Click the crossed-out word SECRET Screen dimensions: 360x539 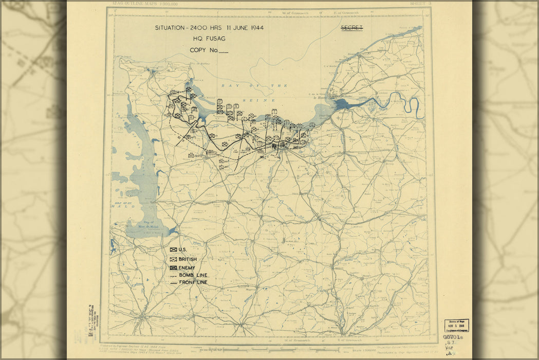pos(352,28)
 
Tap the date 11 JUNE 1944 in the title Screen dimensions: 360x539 pos(241,28)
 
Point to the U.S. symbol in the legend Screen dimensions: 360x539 pos(173,250)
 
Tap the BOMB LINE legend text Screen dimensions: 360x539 pos(193,275)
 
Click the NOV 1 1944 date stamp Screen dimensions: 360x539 pos(456,325)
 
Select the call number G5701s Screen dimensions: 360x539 pos(453,337)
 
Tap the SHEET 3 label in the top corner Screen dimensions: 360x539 pos(420,4)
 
